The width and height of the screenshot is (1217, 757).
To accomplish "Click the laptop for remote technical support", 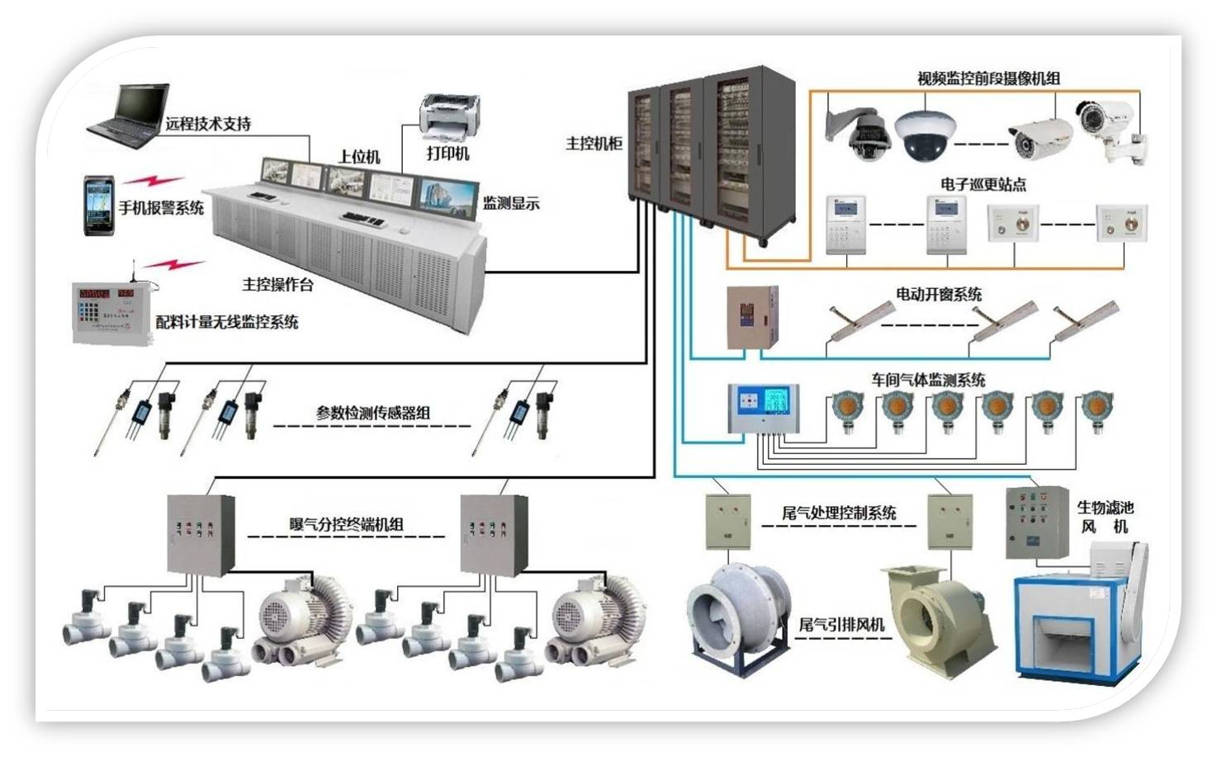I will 128,117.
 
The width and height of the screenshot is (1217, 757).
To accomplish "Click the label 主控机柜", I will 594,144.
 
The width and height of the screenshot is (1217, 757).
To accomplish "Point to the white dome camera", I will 927,135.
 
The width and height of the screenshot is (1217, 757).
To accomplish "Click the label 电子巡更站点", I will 983,184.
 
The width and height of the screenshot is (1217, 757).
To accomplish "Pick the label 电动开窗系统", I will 939,294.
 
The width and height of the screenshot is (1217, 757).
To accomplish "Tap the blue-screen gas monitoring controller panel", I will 763,408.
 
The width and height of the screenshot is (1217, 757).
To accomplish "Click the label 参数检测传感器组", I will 372,413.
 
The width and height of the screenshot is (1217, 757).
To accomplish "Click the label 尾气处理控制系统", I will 839,513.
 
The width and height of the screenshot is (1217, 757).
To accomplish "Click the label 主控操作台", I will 277,285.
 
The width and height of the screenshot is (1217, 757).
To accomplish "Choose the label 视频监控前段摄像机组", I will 988,78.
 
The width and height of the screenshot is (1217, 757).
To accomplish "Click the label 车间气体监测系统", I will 928,380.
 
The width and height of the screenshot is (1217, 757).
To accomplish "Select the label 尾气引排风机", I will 841,625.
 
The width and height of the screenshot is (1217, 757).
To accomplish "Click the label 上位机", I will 359,156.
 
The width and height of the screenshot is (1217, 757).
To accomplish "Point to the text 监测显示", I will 511,203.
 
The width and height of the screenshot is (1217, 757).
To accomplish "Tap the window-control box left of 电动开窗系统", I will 751,317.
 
